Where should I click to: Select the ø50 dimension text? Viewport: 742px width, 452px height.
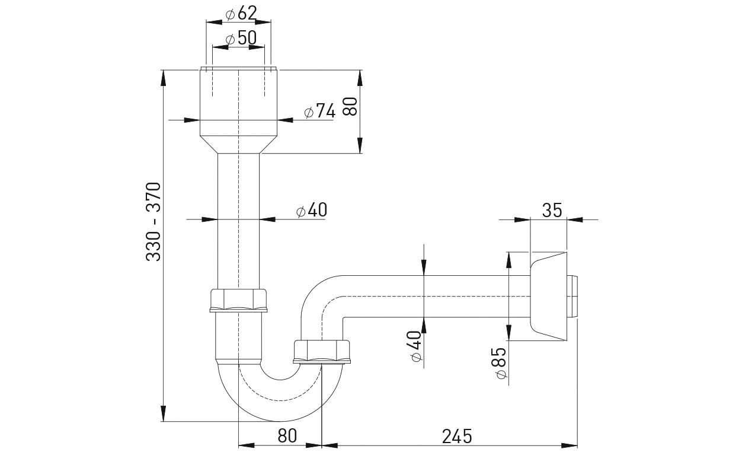(241, 39)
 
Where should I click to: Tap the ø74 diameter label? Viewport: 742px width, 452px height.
(319, 112)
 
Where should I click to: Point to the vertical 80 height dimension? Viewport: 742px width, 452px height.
(350, 106)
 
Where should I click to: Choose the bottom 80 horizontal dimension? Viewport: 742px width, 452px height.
(286, 436)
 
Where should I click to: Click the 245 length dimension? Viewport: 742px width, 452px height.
(456, 436)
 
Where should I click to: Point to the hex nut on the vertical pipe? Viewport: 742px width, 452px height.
(239, 300)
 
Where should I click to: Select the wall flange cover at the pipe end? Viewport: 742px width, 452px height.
(549, 297)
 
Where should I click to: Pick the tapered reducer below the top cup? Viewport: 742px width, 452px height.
(238, 145)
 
